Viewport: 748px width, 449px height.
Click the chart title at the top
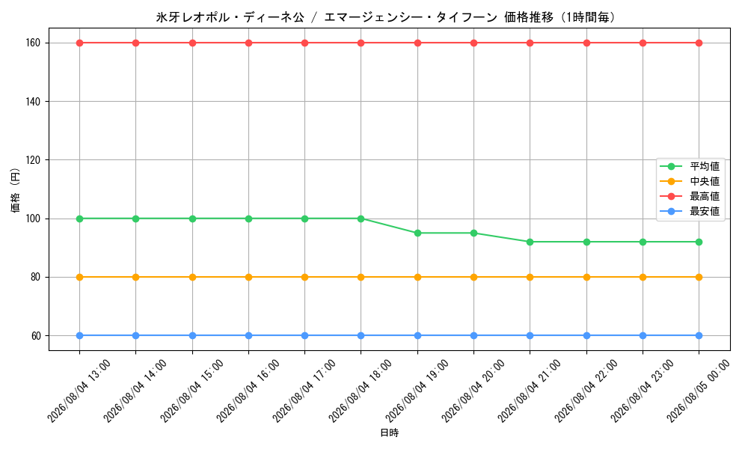(x=385, y=18)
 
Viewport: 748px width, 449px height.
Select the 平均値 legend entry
(x=690, y=167)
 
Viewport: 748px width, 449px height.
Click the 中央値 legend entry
(x=690, y=181)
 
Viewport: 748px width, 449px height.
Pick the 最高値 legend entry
(x=690, y=196)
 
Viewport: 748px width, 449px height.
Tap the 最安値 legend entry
(x=690, y=211)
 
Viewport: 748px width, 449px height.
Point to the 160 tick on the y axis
(x=33, y=43)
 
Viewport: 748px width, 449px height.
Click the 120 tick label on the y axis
(x=33, y=160)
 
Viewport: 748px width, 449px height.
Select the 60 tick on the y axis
(x=36, y=336)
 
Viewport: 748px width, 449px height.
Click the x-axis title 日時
(x=389, y=433)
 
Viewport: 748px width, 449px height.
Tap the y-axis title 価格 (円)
(x=15, y=189)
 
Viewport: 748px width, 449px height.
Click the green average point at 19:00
(x=417, y=233)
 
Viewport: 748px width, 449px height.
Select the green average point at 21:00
(x=530, y=242)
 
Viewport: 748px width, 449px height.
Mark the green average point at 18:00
(x=361, y=219)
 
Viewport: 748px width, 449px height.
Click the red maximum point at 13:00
(x=80, y=43)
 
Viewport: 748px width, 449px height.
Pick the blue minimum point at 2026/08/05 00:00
(x=699, y=335)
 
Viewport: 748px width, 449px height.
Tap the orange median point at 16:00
(x=248, y=277)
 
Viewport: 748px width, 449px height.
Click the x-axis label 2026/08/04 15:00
(x=191, y=391)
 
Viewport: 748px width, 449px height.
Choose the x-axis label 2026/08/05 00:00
(x=697, y=391)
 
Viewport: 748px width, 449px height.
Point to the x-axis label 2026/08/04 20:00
(x=472, y=391)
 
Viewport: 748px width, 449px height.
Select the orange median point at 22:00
(x=586, y=277)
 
